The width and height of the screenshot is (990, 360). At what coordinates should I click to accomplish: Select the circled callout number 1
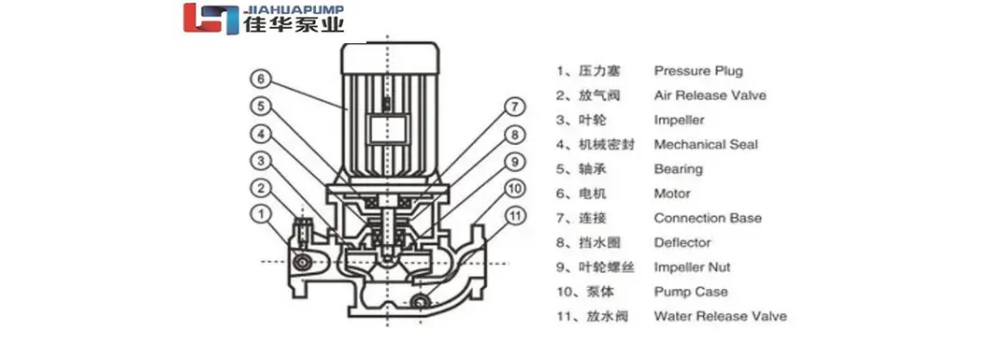262,215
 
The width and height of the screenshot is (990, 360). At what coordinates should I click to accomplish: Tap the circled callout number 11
512,215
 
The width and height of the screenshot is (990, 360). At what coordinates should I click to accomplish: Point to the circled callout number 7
512,106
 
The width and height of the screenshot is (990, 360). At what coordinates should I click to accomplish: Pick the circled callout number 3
262,161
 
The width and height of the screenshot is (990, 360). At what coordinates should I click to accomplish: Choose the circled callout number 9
512,161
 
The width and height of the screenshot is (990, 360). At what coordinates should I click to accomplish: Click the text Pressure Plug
698,71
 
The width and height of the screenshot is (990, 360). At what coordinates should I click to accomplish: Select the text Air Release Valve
710,95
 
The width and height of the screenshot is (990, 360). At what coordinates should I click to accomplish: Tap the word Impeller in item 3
679,121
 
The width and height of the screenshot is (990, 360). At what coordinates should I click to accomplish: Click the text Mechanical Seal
706,145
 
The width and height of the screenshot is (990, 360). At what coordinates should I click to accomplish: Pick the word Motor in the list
672,194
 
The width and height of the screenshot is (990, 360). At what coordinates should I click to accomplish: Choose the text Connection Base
708,219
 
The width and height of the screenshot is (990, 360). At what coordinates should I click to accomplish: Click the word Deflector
682,243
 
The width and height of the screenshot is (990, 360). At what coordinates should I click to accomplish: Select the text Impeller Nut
692,267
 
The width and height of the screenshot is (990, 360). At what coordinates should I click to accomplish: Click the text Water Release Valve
720,316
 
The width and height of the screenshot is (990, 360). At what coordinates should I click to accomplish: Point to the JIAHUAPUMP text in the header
293,9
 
